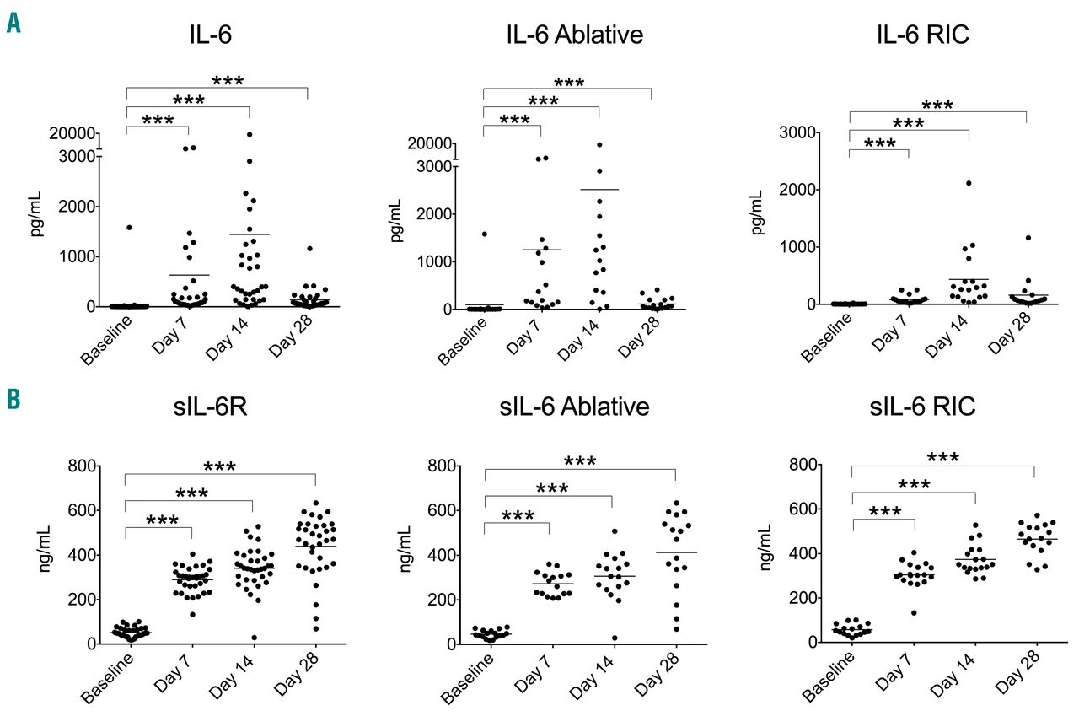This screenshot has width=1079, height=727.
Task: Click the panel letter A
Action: pos(13,22)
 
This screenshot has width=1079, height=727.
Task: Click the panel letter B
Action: pos(13,399)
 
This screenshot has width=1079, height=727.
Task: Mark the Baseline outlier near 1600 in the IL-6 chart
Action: pos(129,228)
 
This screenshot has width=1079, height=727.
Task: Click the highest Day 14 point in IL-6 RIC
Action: pos(969,183)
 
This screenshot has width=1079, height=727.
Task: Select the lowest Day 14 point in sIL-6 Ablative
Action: pos(615,638)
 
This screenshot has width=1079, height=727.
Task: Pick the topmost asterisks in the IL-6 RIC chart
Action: pos(937,105)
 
